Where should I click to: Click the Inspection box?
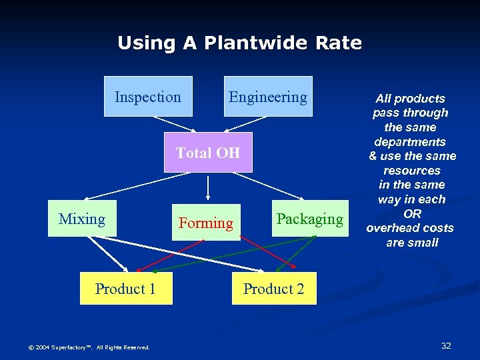148,97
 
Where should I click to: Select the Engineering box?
268,97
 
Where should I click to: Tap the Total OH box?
208,153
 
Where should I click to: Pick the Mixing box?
82,219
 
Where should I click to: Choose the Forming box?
206,223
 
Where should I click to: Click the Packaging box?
309,219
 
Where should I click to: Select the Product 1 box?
125,289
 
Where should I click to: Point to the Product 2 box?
274,289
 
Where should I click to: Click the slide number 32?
446,345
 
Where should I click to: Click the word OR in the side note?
412,214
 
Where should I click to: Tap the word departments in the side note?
410,142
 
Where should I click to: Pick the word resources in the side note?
412,171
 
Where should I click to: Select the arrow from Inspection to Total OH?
175,125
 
